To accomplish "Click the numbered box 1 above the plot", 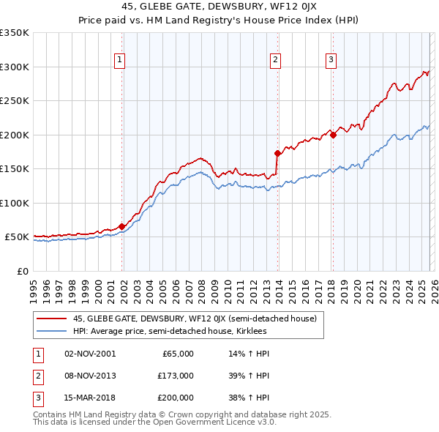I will (x=119, y=61).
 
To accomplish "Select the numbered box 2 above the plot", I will (x=275, y=61).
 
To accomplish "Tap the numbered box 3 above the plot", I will (x=331, y=61).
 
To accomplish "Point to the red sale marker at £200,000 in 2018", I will (x=333, y=135).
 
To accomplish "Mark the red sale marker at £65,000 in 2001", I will (x=121, y=226).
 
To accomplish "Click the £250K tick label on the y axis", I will (x=15, y=101).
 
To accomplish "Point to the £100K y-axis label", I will (x=15, y=203).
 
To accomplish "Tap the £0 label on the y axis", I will (x=22, y=271).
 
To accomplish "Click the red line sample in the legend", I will (x=52, y=319).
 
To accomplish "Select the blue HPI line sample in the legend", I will (x=52, y=332).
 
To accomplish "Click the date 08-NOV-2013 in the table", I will (x=90, y=375).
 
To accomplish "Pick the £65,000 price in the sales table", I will (x=176, y=354).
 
